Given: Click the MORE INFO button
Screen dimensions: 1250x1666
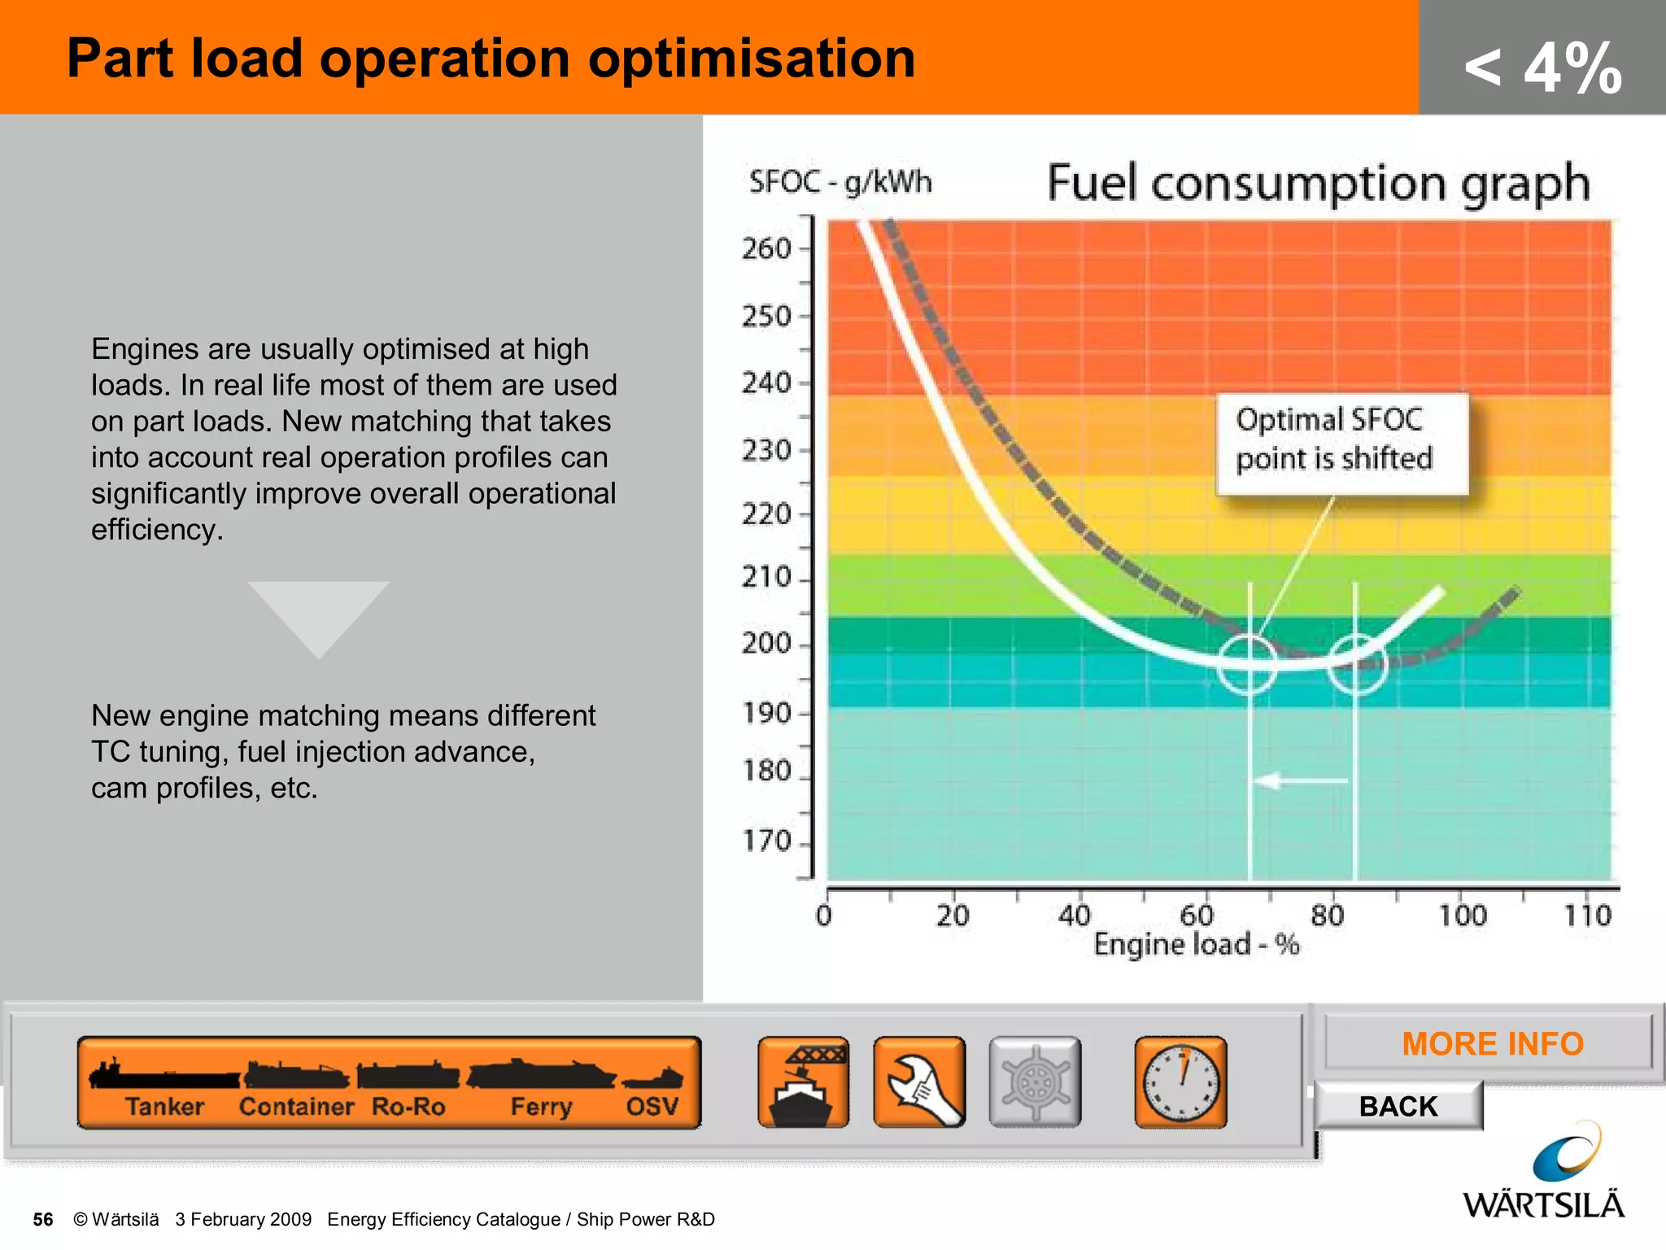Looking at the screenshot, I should click(1492, 1043).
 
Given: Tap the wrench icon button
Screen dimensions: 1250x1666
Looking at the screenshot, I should click(919, 1082).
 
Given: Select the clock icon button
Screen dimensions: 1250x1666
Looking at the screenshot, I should click(1180, 1082).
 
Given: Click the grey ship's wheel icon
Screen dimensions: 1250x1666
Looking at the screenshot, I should click(1035, 1082).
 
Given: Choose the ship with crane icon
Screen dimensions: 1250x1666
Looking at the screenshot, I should click(803, 1082).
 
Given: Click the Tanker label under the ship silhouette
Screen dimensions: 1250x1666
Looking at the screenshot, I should click(164, 1107).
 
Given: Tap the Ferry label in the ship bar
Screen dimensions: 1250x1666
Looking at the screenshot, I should click(541, 1107).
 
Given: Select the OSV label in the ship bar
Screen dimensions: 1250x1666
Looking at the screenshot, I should click(652, 1107).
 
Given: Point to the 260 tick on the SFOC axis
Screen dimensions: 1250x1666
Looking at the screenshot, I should click(766, 248).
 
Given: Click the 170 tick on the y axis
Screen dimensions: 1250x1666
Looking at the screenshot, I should click(766, 841).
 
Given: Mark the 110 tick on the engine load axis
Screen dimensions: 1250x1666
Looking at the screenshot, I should click(1587, 916).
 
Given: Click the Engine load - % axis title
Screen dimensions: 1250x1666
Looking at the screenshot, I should click(1196, 945).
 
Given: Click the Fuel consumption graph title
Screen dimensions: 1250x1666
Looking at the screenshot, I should click(1318, 182).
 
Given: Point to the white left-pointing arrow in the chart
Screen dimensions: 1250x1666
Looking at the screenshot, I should click(1299, 781).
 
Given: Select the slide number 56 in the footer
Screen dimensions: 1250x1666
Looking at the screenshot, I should click(43, 1219).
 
